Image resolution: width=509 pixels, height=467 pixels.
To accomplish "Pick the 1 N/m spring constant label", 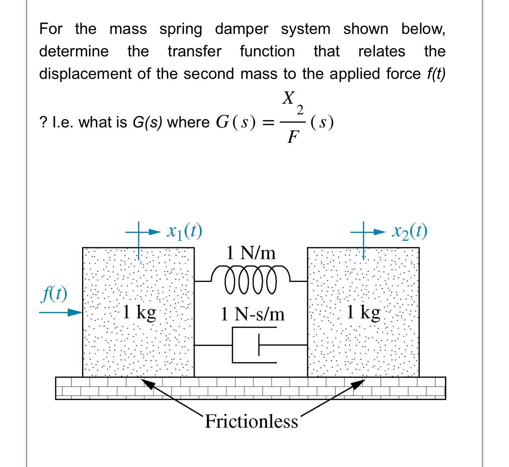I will [251, 252].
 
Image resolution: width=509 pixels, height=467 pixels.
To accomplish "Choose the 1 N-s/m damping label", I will [253, 314].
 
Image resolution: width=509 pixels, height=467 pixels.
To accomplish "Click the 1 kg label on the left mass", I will [139, 313].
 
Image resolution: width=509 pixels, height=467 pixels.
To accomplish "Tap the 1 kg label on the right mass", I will [363, 313].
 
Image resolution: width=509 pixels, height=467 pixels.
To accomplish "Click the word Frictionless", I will [251, 421].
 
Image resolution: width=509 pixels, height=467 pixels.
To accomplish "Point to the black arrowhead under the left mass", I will [147, 383].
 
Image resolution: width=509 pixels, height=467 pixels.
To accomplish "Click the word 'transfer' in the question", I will [195, 51].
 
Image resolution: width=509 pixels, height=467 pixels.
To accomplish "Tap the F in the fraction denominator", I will [292, 137].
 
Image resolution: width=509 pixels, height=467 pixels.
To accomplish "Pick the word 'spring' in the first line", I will [181, 29].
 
